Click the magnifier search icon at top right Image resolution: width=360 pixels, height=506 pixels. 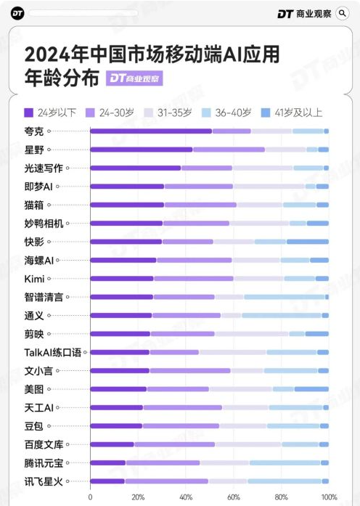tap(343, 13)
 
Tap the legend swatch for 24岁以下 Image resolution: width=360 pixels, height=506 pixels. tap(29, 113)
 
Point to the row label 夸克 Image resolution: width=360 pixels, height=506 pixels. tap(34, 131)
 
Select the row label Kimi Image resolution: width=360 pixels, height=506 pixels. tap(35, 278)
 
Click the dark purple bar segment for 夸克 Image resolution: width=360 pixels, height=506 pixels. tap(150, 131)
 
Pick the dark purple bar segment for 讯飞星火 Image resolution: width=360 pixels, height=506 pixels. tap(107, 481)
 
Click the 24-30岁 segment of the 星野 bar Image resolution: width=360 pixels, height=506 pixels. tap(229, 150)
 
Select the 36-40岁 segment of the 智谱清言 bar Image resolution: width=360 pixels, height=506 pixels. tap(284, 297)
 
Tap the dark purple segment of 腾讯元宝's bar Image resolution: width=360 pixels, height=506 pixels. tap(107, 462)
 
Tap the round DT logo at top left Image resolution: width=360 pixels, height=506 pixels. tap(18, 13)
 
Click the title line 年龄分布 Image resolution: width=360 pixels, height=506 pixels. tap(61, 78)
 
